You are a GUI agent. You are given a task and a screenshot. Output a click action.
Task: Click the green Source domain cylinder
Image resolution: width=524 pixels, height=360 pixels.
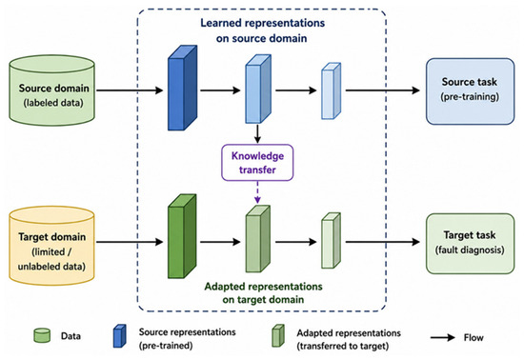click(x=51, y=90)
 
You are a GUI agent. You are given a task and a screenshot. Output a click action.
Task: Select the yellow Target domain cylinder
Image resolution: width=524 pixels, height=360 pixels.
click(x=51, y=246)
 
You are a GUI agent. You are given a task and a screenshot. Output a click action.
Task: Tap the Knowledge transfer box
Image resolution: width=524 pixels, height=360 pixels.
click(x=257, y=163)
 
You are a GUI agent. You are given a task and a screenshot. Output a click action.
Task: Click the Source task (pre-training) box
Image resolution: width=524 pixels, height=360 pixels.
click(x=470, y=91)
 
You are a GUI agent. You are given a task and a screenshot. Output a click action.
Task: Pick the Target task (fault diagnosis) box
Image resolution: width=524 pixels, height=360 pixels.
click(x=470, y=244)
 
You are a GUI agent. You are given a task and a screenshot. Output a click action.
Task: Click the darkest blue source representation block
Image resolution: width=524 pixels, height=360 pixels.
click(x=183, y=88)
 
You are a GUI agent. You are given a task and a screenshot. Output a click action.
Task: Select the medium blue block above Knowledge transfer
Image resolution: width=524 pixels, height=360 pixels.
click(x=258, y=90)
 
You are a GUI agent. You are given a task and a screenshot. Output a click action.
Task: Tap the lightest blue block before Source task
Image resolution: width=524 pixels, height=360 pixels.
click(x=332, y=90)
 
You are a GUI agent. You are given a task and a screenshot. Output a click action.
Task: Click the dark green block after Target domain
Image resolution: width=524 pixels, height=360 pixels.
click(x=182, y=236)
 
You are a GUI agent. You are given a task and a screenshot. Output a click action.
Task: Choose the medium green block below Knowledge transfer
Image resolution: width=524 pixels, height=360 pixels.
click(x=258, y=239)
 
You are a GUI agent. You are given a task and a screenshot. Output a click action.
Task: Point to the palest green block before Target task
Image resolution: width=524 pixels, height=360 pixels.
click(x=332, y=240)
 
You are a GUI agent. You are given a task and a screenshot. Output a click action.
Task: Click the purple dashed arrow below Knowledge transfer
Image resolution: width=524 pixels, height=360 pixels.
click(x=257, y=192)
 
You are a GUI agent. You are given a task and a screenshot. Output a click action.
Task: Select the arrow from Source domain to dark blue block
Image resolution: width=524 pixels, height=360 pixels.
click(x=130, y=90)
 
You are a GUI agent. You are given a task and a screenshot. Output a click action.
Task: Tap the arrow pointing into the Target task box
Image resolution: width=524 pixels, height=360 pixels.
click(x=383, y=242)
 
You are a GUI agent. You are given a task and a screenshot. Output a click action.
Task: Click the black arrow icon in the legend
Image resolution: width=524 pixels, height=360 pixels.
click(x=443, y=338)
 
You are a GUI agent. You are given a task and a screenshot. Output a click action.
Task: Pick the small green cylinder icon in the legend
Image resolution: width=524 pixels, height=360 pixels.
click(x=42, y=335)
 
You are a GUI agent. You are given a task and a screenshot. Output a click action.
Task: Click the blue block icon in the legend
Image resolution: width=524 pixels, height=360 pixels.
click(x=119, y=336)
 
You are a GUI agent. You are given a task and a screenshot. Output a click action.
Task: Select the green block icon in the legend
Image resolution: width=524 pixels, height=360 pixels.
click(x=278, y=335)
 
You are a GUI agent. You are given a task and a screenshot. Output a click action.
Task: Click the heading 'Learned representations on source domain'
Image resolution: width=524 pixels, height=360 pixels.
click(x=262, y=30)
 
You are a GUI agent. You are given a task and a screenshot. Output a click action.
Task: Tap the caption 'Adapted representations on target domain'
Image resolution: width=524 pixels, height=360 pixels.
click(x=263, y=293)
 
